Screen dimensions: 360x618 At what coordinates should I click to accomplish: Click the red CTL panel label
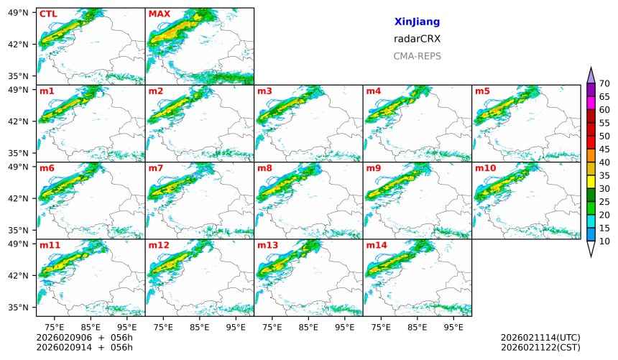[47, 14]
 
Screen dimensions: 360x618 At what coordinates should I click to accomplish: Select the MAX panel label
[159, 14]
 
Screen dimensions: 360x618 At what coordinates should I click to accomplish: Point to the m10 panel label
[485, 168]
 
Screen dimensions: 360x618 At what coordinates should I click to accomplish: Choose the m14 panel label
[376, 245]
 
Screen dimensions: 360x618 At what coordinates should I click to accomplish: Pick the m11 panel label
[50, 245]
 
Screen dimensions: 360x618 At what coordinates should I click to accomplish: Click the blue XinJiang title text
[417, 22]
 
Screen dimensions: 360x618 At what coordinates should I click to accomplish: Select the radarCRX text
[417, 39]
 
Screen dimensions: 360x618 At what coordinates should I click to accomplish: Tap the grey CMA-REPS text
[417, 56]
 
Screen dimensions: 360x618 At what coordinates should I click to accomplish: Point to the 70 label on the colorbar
[604, 84]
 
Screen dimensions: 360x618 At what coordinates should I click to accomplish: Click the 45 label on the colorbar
[604, 149]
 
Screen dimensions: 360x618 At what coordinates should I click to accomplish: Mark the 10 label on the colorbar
[604, 241]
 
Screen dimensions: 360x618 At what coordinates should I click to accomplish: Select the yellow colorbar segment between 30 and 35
[591, 183]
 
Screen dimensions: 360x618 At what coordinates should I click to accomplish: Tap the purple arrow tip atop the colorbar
[591, 74]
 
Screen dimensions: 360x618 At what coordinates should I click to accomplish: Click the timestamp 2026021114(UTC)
[540, 338]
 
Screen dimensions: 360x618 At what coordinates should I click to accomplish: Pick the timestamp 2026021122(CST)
[540, 348]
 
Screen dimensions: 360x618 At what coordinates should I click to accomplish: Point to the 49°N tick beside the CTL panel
[17, 12]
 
